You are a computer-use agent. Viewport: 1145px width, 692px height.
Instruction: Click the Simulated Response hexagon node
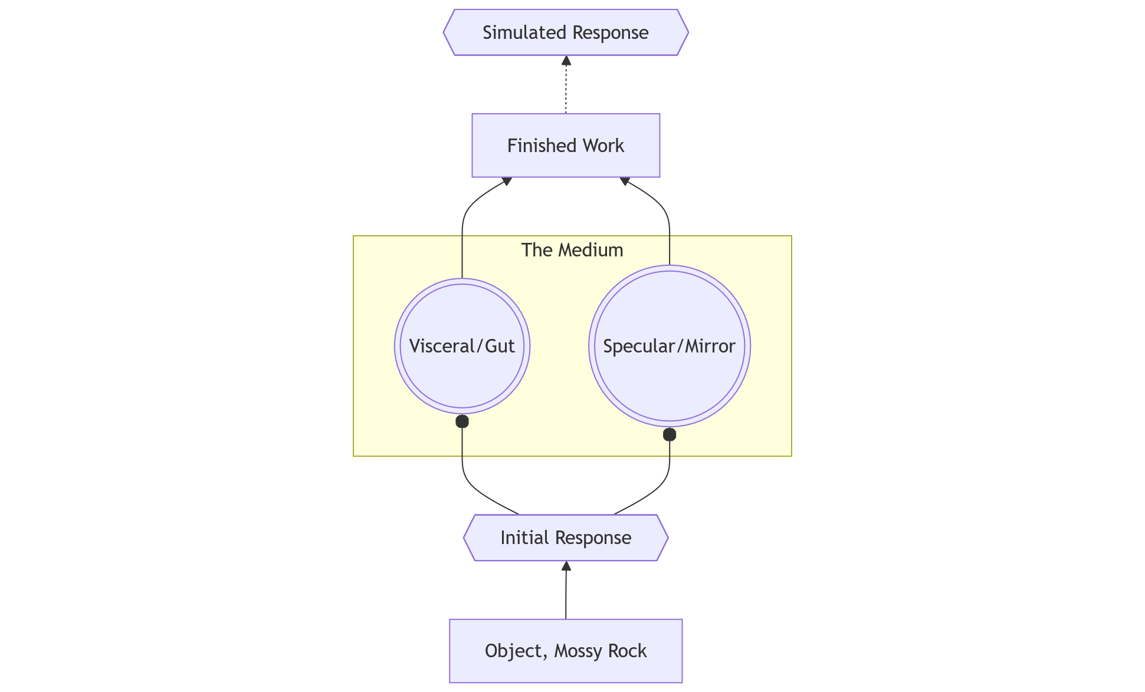(x=565, y=32)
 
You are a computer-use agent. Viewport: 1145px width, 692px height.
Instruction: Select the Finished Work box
(x=565, y=146)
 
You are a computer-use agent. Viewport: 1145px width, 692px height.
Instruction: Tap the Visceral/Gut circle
(x=462, y=365)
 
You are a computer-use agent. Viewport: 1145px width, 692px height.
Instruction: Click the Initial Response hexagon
(x=565, y=538)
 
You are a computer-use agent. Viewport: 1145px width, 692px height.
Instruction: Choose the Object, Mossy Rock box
(x=565, y=651)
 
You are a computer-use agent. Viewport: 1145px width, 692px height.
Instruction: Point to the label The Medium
(x=572, y=250)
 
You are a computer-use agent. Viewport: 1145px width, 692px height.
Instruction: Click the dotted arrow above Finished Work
(x=566, y=88)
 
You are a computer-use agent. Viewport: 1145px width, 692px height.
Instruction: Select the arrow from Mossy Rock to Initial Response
(x=566, y=595)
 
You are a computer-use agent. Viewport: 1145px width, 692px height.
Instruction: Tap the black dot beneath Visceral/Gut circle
(x=462, y=421)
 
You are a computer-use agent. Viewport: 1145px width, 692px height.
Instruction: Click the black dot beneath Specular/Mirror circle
(x=669, y=435)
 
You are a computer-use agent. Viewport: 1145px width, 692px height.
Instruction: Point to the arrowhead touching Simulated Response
(x=566, y=60)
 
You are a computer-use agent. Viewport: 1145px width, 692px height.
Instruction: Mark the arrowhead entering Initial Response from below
(x=566, y=566)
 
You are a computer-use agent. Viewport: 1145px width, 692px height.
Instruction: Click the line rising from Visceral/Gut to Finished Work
(x=462, y=236)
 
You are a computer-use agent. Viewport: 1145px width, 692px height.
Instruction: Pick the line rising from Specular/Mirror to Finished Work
(x=669, y=236)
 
